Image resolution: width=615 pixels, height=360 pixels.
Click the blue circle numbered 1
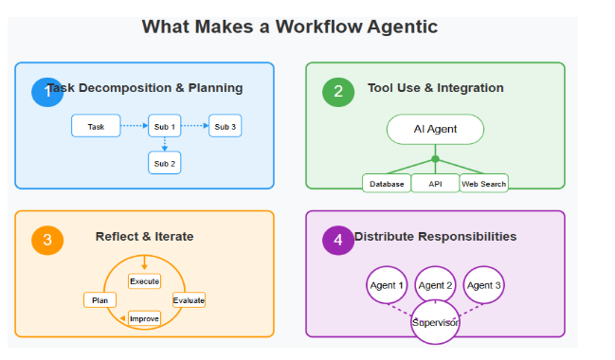click(x=46, y=92)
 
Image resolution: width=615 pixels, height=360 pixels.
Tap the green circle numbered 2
click(x=337, y=92)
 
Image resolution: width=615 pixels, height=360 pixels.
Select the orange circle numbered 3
click(x=46, y=240)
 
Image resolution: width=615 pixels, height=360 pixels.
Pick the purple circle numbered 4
click(x=337, y=240)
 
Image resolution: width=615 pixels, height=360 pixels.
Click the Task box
click(x=96, y=126)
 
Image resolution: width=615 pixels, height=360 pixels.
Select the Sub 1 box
click(x=165, y=126)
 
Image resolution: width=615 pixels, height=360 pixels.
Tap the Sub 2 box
click(x=165, y=163)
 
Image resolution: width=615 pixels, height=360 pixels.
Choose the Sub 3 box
click(x=226, y=126)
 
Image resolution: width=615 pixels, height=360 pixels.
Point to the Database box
click(x=387, y=184)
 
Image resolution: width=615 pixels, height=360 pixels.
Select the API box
click(x=435, y=184)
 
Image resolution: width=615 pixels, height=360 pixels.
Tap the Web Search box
click(x=483, y=184)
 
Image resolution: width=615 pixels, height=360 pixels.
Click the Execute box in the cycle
click(x=144, y=281)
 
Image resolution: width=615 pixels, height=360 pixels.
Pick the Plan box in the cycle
click(x=99, y=300)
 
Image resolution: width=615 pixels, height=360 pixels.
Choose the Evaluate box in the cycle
click(x=189, y=300)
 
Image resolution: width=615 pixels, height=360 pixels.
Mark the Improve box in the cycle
click(x=144, y=319)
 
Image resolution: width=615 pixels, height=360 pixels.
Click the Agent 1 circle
click(x=387, y=285)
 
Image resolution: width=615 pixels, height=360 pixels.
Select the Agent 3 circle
click(x=483, y=285)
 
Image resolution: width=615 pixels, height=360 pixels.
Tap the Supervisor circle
click(x=435, y=323)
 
